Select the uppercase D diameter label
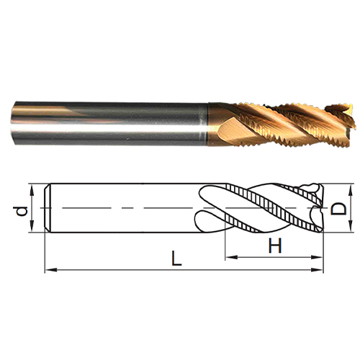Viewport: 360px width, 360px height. [338, 208]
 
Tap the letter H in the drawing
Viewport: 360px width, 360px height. [275, 246]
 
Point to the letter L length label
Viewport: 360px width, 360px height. [176, 258]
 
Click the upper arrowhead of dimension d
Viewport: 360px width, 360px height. [32, 189]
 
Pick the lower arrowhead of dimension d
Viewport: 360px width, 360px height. [32, 227]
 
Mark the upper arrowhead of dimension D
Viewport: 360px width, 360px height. [351, 189]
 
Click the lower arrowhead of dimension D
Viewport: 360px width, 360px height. [351, 227]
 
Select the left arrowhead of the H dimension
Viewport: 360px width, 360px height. [231, 257]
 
